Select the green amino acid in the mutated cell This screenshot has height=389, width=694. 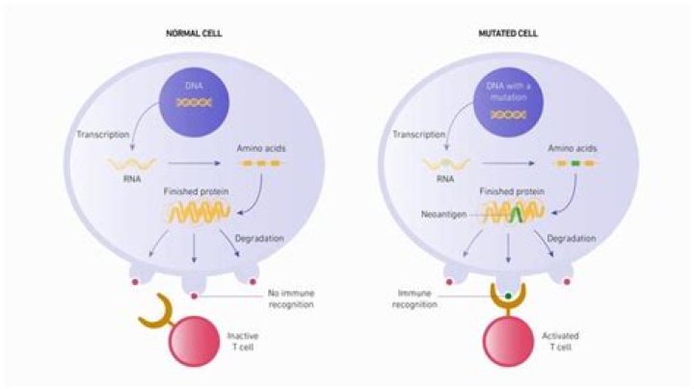[x=575, y=164]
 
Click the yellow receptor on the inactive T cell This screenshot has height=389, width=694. [x=152, y=309]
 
